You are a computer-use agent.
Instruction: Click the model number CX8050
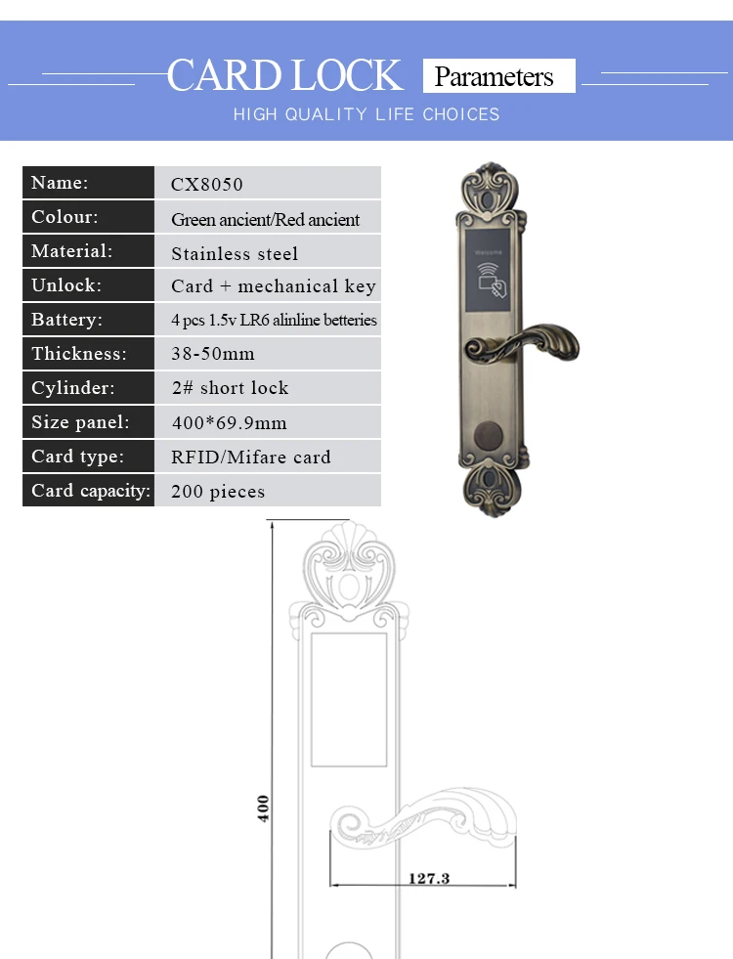click(206, 184)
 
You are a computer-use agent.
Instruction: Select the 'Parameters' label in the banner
click(494, 76)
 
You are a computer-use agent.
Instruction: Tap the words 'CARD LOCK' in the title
click(284, 75)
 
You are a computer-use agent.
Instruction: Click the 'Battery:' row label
click(66, 320)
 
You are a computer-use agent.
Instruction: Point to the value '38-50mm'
click(213, 354)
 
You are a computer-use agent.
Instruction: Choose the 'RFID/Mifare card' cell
click(250, 457)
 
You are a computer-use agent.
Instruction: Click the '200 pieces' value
click(218, 491)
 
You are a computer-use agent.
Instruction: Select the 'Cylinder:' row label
click(72, 388)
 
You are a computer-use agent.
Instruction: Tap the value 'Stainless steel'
click(235, 253)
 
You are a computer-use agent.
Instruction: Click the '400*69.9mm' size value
click(230, 422)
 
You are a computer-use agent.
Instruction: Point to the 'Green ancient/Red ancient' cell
click(265, 219)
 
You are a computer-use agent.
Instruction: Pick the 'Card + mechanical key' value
click(274, 286)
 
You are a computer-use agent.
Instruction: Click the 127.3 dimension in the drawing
click(428, 878)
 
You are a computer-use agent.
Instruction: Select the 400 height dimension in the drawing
click(263, 807)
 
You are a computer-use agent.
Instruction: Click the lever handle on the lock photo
click(522, 343)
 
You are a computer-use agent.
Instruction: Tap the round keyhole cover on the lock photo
click(489, 435)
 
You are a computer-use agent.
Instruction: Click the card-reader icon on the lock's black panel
click(492, 281)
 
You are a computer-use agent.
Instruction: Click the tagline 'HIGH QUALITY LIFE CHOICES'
click(366, 114)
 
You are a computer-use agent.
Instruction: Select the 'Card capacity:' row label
click(91, 491)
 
